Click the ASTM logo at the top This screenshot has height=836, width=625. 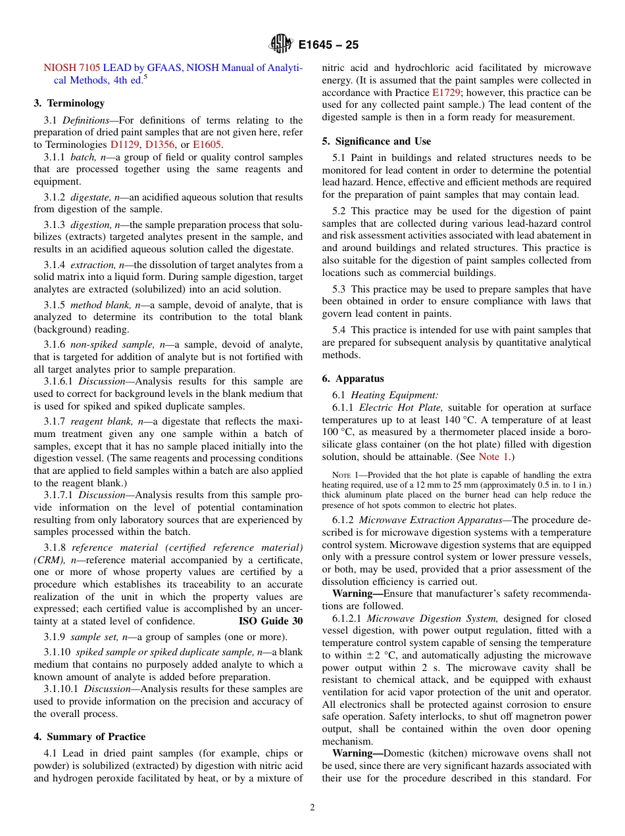click(x=281, y=45)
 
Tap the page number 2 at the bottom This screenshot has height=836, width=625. click(x=312, y=808)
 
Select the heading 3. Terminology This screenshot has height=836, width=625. click(x=69, y=103)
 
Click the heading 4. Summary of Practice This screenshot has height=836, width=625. click(x=89, y=737)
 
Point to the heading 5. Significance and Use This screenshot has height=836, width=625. click(x=376, y=141)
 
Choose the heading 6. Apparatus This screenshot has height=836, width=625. click(x=353, y=379)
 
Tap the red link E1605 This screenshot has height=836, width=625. click(x=207, y=145)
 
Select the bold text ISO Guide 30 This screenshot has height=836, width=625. click(x=270, y=621)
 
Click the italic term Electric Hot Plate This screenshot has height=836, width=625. click(x=401, y=407)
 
